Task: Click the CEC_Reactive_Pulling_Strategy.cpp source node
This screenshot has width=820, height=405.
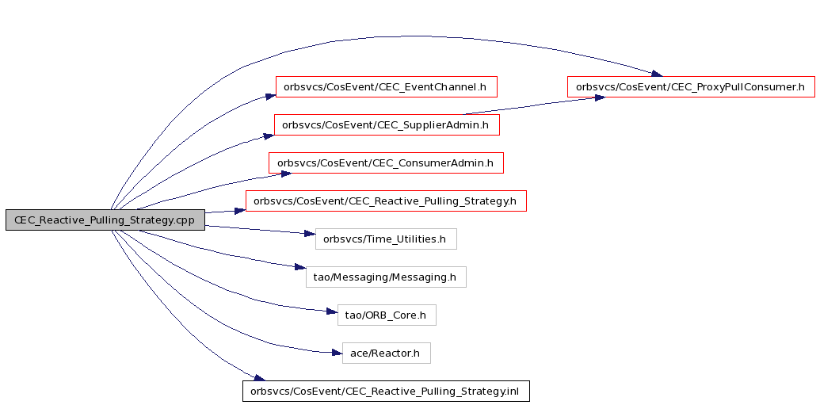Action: (105, 220)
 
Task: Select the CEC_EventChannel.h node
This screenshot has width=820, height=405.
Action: (386, 87)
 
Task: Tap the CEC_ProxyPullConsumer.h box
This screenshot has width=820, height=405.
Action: (691, 87)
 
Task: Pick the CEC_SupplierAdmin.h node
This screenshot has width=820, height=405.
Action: (387, 125)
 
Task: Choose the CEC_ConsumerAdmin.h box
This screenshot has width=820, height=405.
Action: (386, 162)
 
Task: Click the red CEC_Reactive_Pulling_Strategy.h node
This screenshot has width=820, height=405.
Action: (386, 201)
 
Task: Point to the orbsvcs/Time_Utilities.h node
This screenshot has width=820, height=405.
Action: (386, 239)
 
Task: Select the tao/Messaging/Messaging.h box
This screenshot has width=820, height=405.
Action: (386, 277)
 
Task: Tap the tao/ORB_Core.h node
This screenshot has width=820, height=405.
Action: (387, 315)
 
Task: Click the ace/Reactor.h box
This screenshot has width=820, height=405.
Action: (386, 353)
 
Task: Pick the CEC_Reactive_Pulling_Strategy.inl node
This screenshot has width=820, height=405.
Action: (386, 392)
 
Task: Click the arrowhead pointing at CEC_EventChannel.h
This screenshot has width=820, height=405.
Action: (270, 96)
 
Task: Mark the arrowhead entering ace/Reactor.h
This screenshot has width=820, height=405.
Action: (337, 353)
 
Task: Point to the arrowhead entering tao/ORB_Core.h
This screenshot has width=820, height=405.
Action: (332, 311)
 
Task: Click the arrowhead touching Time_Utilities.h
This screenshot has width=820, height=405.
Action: (310, 234)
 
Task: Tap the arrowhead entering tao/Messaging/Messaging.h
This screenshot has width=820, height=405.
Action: (300, 267)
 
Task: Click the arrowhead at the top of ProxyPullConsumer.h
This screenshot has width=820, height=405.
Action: (657, 74)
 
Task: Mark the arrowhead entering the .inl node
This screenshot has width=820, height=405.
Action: (259, 378)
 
